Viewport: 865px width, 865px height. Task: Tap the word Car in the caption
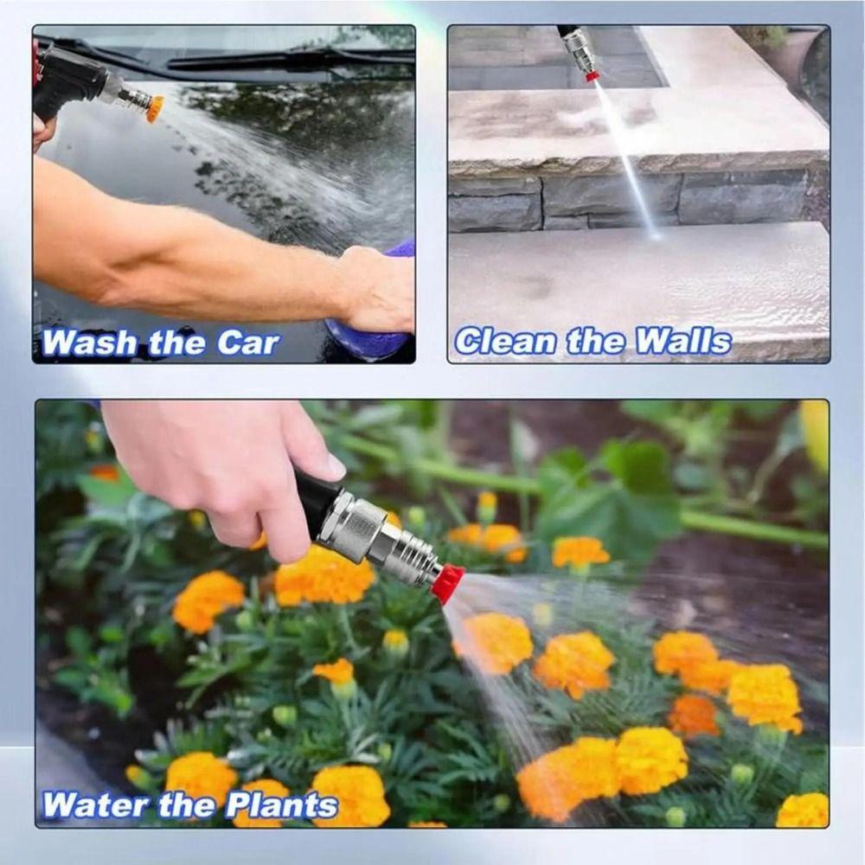[x=248, y=343]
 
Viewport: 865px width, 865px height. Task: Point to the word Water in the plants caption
[x=95, y=805]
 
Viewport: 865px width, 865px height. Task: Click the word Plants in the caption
[x=281, y=805]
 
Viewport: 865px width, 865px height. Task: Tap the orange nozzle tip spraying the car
[x=155, y=108]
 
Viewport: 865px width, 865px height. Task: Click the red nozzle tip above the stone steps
[x=592, y=76]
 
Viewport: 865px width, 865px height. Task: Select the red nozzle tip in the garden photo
[x=447, y=582]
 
